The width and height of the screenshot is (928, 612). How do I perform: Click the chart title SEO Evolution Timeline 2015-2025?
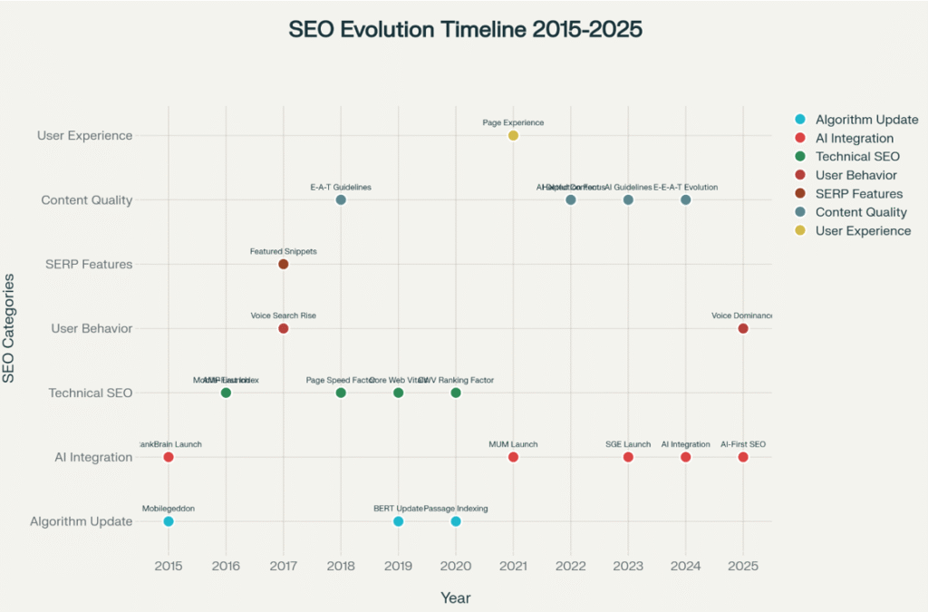[465, 30]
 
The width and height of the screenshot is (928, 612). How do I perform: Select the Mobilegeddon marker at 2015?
[169, 521]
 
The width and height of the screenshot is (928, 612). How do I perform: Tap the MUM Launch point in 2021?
[513, 457]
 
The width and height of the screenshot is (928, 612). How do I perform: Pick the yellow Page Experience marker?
[513, 136]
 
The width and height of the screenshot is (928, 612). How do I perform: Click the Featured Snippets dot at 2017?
[284, 264]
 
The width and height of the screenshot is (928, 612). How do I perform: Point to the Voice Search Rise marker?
[284, 328]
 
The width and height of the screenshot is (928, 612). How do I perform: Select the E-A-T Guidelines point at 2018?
[341, 199]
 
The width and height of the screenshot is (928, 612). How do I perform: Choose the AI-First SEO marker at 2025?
[743, 457]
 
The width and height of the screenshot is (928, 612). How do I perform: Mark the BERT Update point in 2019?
[398, 521]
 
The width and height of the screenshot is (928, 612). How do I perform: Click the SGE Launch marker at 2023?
[628, 457]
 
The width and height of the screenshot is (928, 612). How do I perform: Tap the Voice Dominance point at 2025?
[743, 328]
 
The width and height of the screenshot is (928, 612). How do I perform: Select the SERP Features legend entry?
[858, 194]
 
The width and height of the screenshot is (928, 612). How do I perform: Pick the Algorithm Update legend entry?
[865, 120]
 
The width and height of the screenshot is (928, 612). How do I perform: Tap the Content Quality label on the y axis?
[87, 200]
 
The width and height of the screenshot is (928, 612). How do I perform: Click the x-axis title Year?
[455, 597]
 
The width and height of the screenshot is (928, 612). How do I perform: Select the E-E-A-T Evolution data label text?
[685, 187]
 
